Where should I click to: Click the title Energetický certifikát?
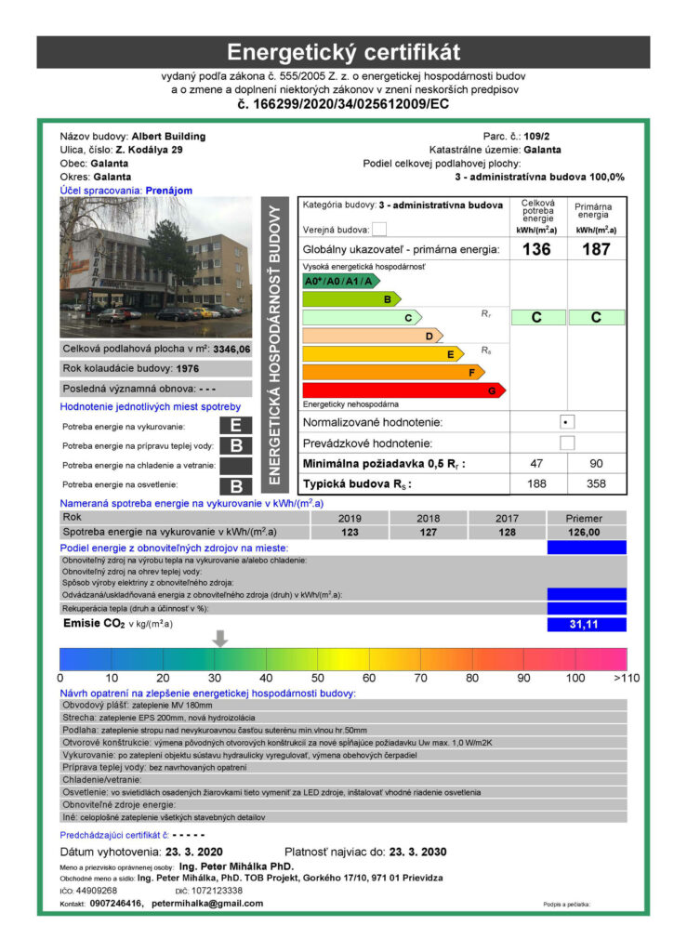point(343,51)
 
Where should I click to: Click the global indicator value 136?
point(536,249)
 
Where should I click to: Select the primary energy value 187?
point(595,249)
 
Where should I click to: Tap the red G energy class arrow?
point(404,390)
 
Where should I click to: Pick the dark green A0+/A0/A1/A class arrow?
point(340,281)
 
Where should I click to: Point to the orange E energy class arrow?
point(383,354)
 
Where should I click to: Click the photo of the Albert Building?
point(155,267)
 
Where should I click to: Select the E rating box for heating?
point(236,426)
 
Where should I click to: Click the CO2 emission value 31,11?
point(586,625)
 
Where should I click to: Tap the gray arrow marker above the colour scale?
point(220,638)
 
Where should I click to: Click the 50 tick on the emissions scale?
point(317,678)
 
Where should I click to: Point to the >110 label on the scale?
point(627,678)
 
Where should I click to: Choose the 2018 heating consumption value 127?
point(429,532)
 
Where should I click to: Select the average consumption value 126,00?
point(585,532)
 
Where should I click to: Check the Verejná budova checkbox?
point(378,230)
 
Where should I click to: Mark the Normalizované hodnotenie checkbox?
point(566,422)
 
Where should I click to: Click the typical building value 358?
point(595,484)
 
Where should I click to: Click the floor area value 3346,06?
point(231,350)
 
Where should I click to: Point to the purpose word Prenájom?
point(169,191)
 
